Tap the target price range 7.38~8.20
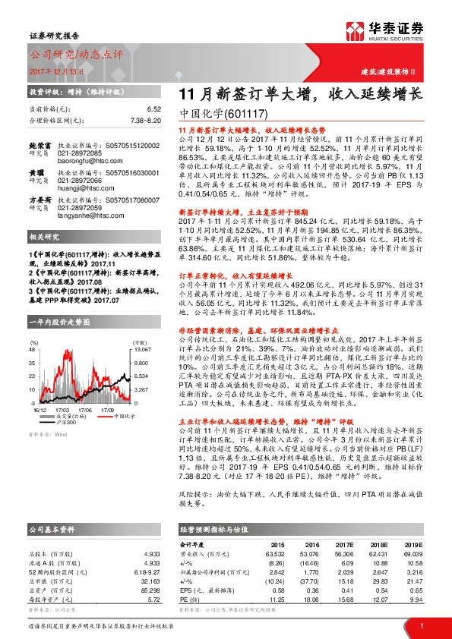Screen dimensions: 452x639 coord(145,120)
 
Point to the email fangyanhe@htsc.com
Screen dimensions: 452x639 coord(86,214)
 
